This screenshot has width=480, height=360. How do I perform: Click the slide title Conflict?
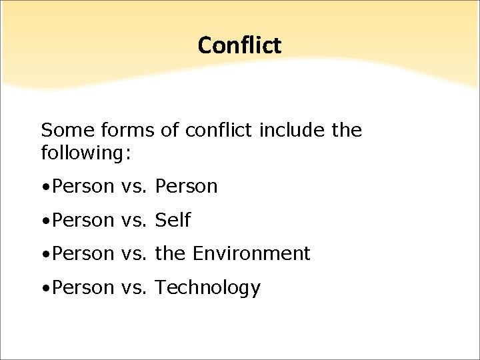239,45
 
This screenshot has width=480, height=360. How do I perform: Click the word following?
87,153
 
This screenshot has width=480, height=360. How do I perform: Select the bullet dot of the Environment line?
44,255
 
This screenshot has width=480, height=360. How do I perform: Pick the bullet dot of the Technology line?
44,289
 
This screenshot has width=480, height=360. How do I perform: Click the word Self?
173,220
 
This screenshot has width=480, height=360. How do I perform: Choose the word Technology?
207,288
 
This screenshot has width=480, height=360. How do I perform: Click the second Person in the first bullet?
186,187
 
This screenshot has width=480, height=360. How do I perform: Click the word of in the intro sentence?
169,131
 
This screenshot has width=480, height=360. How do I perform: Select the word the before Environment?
170,253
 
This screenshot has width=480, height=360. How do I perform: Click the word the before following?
347,131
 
